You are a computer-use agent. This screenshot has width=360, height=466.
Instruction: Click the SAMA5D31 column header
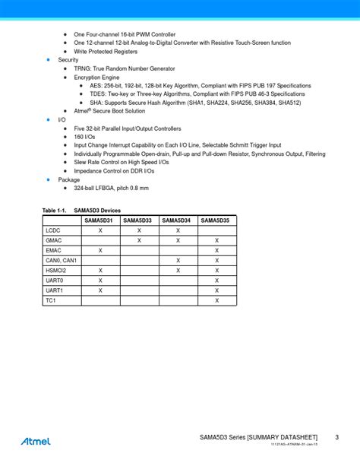pyautogui.click(x=100, y=220)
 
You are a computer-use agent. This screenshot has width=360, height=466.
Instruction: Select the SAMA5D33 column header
pyautogui.click(x=139, y=220)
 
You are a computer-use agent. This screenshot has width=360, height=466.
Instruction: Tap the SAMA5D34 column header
pyautogui.click(x=178, y=220)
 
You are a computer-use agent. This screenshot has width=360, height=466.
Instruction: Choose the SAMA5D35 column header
pyautogui.click(x=216, y=220)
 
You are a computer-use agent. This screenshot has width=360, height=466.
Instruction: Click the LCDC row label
pyautogui.click(x=52, y=230)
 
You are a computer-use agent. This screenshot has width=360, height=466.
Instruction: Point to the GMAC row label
pyautogui.click(x=53, y=239)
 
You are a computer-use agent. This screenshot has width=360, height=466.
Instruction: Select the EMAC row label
pyautogui.click(x=53, y=250)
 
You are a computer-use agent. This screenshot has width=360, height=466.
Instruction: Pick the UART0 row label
pyautogui.click(x=55, y=281)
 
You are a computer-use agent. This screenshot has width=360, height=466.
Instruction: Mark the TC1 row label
pyautogui.click(x=51, y=300)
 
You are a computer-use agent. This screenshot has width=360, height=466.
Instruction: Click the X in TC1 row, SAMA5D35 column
pyautogui.click(x=216, y=300)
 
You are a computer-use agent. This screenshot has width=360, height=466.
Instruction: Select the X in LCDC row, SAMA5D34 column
pyautogui.click(x=178, y=230)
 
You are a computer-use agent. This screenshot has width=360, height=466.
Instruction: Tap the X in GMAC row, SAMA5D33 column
pyautogui.click(x=139, y=239)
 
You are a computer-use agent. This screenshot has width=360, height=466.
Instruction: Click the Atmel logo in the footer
pyautogui.click(x=36, y=440)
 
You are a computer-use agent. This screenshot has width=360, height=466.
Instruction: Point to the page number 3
pyautogui.click(x=336, y=437)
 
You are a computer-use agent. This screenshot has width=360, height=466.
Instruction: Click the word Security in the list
pyautogui.click(x=68, y=59)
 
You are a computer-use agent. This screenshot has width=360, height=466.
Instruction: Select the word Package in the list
pyautogui.click(x=69, y=179)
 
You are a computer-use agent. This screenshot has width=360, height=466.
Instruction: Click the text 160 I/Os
pyautogui.click(x=86, y=137)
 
